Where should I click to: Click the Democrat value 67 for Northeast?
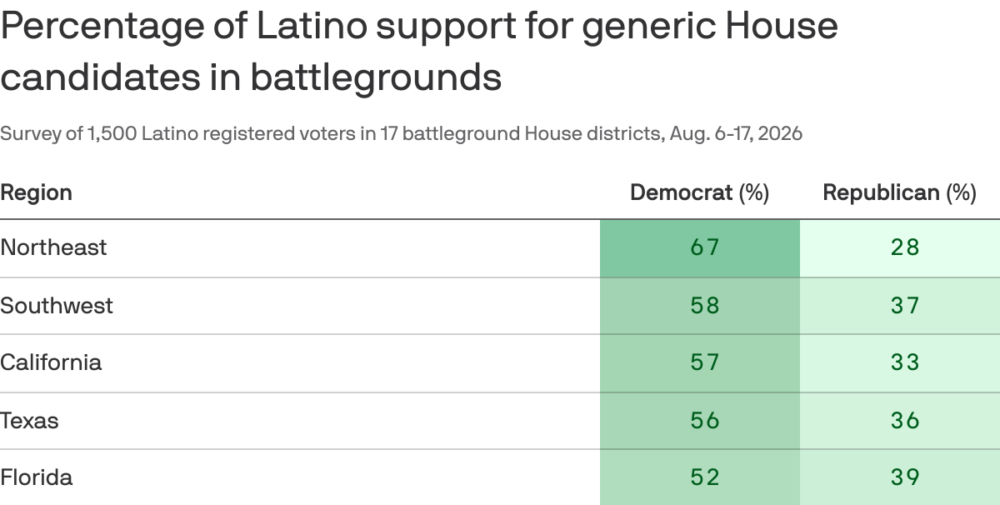[704, 247]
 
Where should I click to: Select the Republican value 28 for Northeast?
[905, 247]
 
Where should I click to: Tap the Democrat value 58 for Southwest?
[704, 306]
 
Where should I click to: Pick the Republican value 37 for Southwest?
[905, 306]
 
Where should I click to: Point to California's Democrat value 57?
[704, 362]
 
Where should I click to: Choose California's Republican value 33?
[905, 362]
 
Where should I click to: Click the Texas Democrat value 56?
[704, 421]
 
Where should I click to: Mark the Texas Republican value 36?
[905, 421]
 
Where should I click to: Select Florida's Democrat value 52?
[704, 477]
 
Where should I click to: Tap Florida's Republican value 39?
[905, 477]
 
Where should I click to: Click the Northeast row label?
[53, 247]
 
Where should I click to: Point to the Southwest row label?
[57, 306]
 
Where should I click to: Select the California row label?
[51, 362]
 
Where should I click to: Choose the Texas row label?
[29, 421]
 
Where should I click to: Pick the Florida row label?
[36, 477]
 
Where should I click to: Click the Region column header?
[36, 193]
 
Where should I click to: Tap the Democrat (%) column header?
[699, 193]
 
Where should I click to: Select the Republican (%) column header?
[899, 193]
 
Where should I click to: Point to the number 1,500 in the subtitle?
[112, 134]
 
